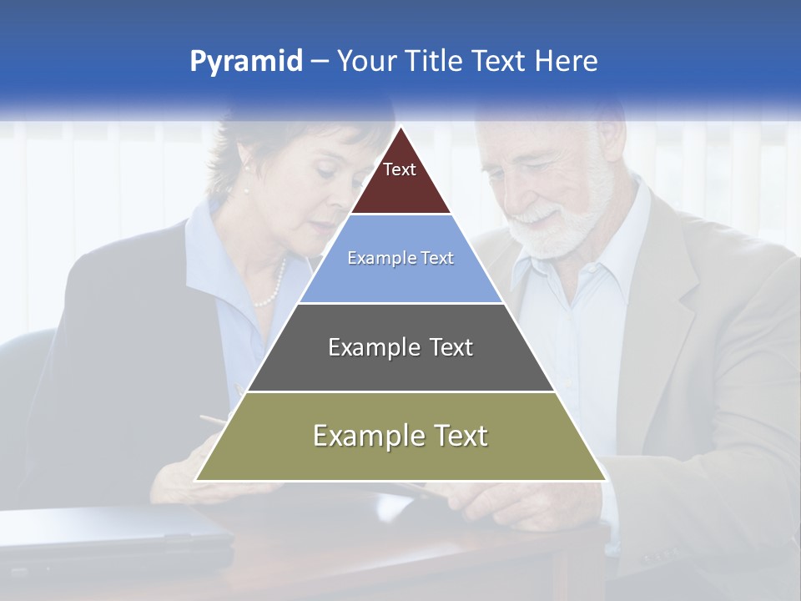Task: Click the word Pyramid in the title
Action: pyautogui.click(x=245, y=62)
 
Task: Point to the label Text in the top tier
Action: pyautogui.click(x=400, y=169)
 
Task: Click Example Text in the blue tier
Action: pyautogui.click(x=400, y=258)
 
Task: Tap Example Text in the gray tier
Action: pyautogui.click(x=400, y=347)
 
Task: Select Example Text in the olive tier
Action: pyautogui.click(x=400, y=436)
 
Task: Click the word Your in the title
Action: pyautogui.click(x=365, y=62)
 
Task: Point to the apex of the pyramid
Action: pyautogui.click(x=400, y=130)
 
